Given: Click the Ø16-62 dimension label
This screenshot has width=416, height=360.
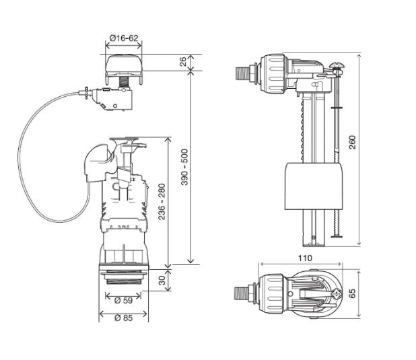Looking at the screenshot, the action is [x=124, y=38].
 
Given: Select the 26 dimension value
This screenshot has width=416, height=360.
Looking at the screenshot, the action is [x=183, y=62].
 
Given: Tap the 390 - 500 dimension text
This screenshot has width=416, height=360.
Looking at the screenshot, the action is [x=184, y=167].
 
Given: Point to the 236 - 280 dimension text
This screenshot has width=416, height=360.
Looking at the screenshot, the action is [x=162, y=202].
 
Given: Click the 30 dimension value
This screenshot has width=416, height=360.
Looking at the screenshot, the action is [x=162, y=280].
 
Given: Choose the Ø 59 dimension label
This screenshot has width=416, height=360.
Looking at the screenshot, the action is [x=123, y=300].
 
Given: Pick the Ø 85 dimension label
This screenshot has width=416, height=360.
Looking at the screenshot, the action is [x=124, y=318].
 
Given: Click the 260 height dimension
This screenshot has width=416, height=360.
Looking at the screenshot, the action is [x=352, y=142].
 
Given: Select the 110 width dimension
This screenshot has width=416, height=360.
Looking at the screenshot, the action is [x=305, y=258].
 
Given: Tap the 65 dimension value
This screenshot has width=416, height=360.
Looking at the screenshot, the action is [x=352, y=293].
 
